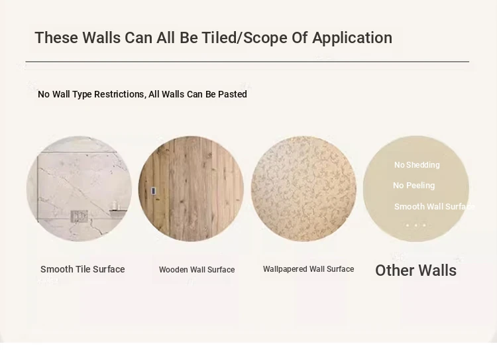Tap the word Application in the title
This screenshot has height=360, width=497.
pyautogui.click(x=352, y=38)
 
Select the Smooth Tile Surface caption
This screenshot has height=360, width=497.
pyautogui.click(x=82, y=269)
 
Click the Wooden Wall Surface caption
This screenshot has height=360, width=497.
pyautogui.click(x=197, y=270)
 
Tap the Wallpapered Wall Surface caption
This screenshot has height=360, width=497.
pyautogui.click(x=308, y=269)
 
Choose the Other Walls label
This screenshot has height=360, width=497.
pyautogui.click(x=416, y=270)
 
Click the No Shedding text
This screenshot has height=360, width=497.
pyautogui.click(x=417, y=165)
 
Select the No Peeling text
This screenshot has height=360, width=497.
pyautogui.click(x=414, y=186)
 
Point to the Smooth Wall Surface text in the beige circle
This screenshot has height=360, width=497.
pyautogui.click(x=434, y=207)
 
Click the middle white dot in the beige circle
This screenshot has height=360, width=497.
pyautogui.click(x=416, y=225)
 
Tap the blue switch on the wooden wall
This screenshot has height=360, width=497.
pyautogui.click(x=153, y=191)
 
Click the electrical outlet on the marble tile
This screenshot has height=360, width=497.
pyautogui.click(x=79, y=216)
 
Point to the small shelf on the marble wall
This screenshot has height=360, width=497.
pyautogui.click(x=119, y=210)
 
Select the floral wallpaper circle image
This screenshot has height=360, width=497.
pyautogui.click(x=304, y=189)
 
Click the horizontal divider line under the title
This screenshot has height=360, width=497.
pyautogui.click(x=247, y=62)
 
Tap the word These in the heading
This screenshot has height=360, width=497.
pyautogui.click(x=56, y=38)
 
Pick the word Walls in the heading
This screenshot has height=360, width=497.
pyautogui.click(x=101, y=38)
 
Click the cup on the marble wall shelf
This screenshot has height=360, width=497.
pyautogui.click(x=115, y=205)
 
